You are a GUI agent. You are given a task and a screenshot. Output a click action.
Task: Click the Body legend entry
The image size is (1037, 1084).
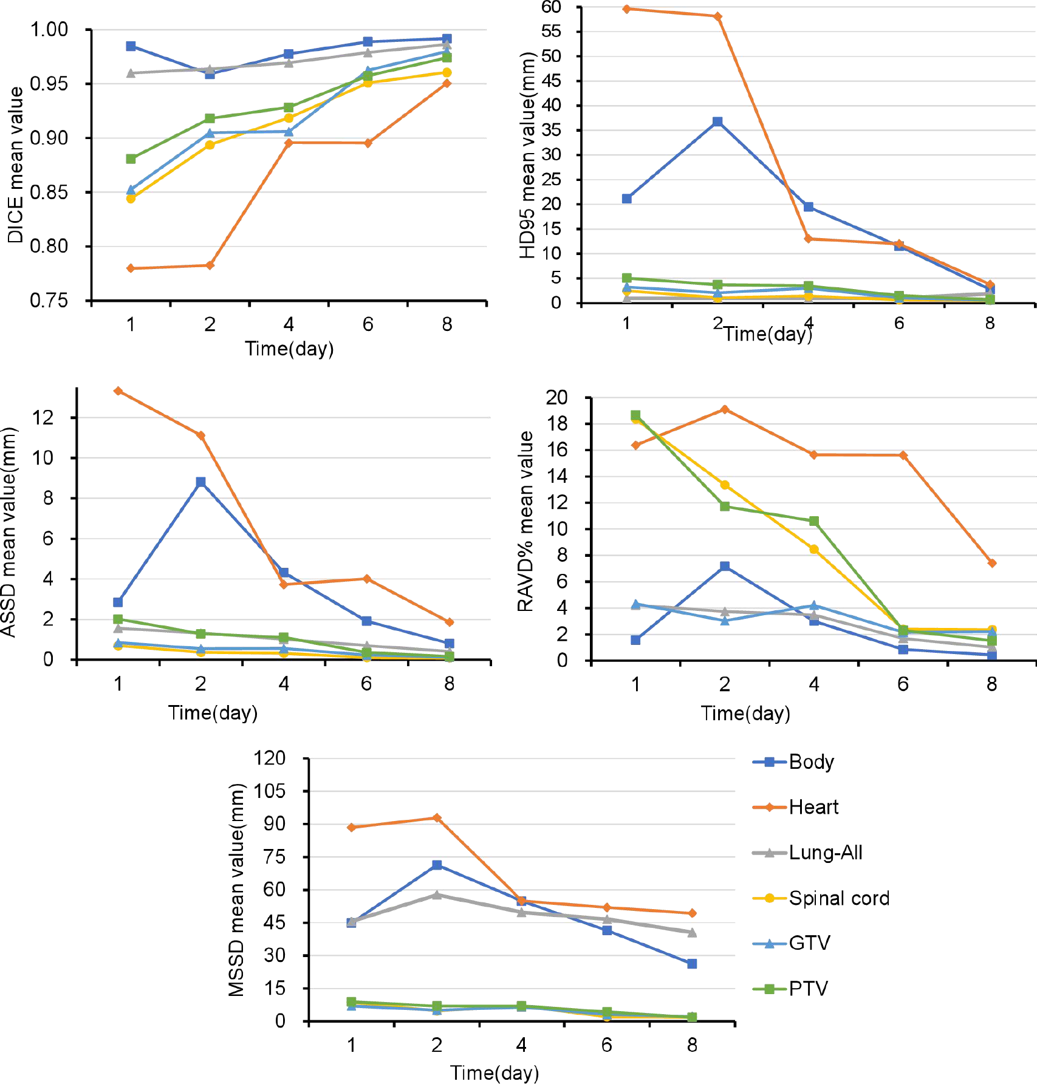pyautogui.click(x=810, y=762)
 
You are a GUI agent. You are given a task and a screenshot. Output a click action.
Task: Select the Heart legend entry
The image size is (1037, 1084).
pyautogui.click(x=813, y=807)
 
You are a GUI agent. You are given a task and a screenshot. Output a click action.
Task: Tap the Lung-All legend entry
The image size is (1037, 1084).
pyautogui.click(x=825, y=853)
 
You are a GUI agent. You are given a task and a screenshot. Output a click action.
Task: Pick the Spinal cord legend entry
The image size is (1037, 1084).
pyautogui.click(x=838, y=898)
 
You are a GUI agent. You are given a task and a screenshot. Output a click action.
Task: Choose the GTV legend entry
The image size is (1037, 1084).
pyautogui.click(x=809, y=943)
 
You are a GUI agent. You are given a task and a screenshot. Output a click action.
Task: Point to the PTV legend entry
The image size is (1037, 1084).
pyautogui.click(x=808, y=989)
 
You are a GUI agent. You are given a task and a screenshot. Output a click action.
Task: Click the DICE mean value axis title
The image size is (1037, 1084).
pyautogui.click(x=16, y=165)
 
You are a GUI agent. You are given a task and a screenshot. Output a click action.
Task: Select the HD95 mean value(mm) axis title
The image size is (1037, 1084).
pyautogui.click(x=527, y=155)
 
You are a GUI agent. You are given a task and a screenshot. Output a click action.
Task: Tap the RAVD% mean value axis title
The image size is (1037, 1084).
pyautogui.click(x=525, y=521)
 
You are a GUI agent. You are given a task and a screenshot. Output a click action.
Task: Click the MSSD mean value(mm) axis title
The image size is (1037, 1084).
pyautogui.click(x=236, y=890)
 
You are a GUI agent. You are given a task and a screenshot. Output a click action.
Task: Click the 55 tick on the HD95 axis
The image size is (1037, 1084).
pyautogui.click(x=551, y=32)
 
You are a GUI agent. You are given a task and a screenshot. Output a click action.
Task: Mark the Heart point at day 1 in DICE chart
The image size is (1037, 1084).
pyautogui.click(x=131, y=268)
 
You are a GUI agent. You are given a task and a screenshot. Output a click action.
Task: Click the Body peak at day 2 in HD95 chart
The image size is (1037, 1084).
pyautogui.click(x=717, y=122)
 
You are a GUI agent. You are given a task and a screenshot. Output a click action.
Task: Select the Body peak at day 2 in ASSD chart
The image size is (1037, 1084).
pyautogui.click(x=200, y=482)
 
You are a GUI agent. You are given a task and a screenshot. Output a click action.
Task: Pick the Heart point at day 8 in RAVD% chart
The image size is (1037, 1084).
pyautogui.click(x=992, y=564)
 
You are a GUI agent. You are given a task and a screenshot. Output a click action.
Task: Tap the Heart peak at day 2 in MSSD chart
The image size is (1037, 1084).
pyautogui.click(x=437, y=818)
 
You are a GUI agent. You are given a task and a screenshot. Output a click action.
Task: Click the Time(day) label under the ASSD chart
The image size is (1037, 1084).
pyautogui.click(x=213, y=712)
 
